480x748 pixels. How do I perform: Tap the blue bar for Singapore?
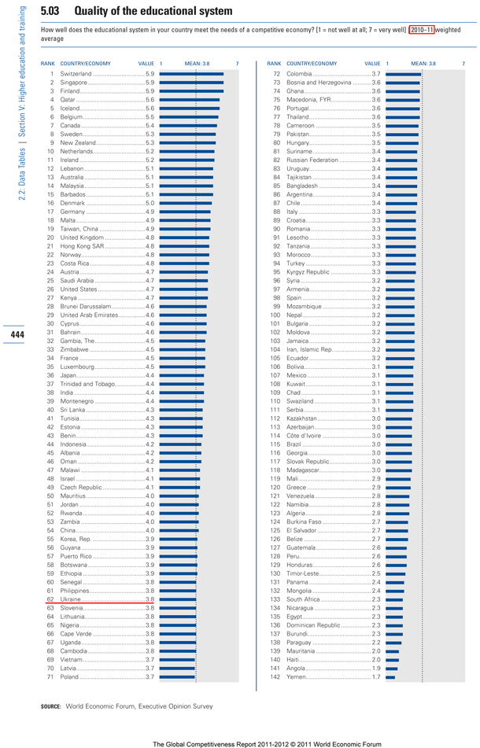click(x=191, y=82)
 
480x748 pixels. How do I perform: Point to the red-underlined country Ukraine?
click(x=71, y=599)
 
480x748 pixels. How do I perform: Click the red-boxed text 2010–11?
click(x=420, y=29)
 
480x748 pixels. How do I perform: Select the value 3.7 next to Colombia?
click(x=376, y=73)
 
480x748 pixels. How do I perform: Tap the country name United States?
click(x=79, y=289)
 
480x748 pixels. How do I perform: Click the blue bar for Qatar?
click(x=190, y=99)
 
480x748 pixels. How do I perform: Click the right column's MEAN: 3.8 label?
click(x=423, y=63)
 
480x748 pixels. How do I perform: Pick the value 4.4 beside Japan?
click(x=150, y=375)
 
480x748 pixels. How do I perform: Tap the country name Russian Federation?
click(x=312, y=160)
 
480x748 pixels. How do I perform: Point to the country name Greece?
click(x=297, y=487)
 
